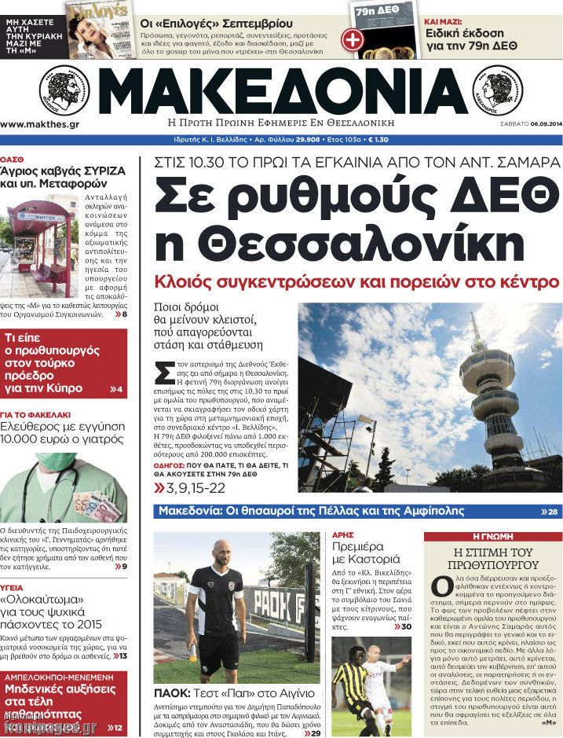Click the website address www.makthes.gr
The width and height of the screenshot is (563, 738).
(x=39, y=124)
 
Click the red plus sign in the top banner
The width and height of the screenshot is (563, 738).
(x=353, y=38)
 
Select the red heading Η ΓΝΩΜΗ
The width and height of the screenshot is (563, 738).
(x=492, y=537)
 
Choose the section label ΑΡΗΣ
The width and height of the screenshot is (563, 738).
(x=342, y=534)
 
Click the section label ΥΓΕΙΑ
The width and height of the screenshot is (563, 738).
(x=12, y=587)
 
